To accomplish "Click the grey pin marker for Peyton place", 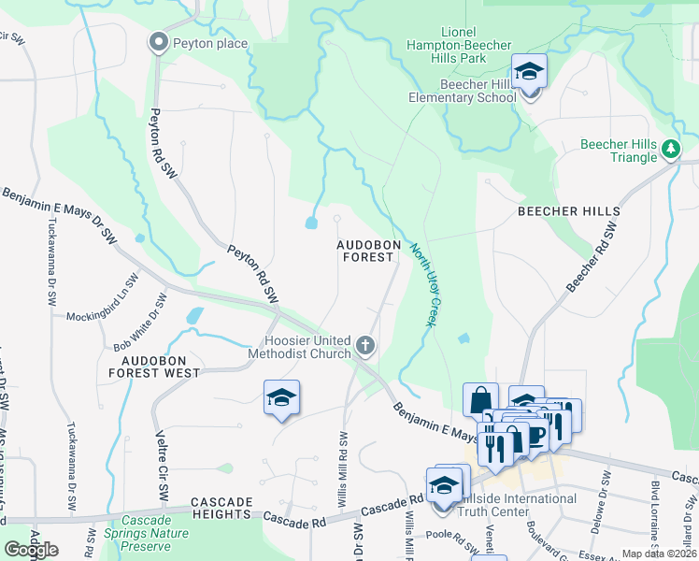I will tap(159, 42).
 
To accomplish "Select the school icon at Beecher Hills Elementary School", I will tap(529, 71).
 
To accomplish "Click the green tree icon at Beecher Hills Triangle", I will tap(669, 149).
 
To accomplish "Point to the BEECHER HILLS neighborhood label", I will tap(563, 212).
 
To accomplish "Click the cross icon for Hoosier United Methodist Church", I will tap(365, 347).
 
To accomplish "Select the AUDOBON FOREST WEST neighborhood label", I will tap(154, 367).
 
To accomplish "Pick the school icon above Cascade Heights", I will tap(281, 397).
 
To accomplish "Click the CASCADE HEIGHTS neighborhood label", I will tap(221, 502).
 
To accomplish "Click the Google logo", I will tap(31, 550).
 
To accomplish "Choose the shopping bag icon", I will tap(480, 399).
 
